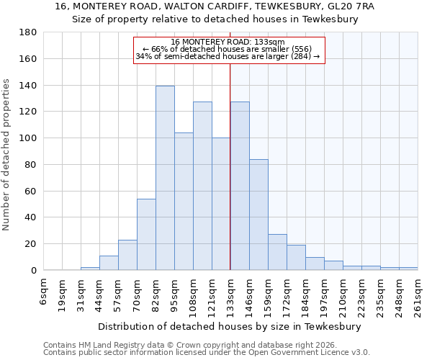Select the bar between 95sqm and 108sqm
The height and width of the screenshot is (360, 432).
(184, 202)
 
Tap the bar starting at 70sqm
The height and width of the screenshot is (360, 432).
(146, 234)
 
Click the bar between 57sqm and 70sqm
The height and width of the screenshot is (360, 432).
(127, 255)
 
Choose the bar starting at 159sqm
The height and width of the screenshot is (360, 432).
(277, 252)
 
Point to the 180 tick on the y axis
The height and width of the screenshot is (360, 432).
(29, 32)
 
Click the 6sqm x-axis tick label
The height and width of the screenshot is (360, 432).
(43, 292)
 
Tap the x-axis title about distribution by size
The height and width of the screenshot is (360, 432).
(230, 326)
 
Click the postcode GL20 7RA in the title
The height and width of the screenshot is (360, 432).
(349, 6)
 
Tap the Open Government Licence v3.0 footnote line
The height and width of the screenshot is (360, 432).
(207, 352)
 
